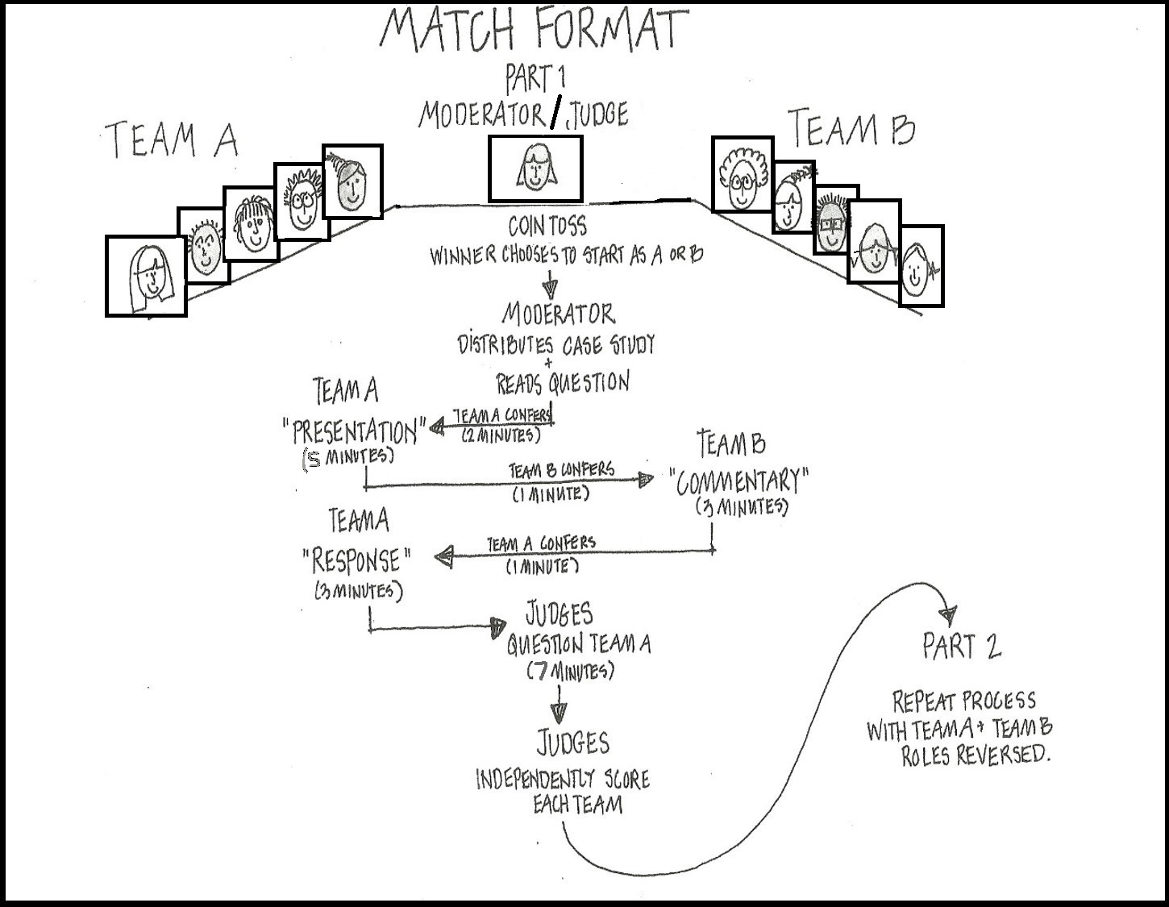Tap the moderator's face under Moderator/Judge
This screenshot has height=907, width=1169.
(535, 169)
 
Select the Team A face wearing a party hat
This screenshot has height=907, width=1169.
(352, 181)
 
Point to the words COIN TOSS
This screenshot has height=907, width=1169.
(547, 225)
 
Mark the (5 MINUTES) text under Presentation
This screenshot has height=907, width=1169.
(348, 456)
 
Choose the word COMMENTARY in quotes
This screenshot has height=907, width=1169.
(738, 481)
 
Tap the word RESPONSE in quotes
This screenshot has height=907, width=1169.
(356, 560)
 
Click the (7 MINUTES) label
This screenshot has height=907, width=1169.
(570, 670)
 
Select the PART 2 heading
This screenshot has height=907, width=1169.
(962, 647)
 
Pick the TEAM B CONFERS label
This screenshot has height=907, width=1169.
(561, 469)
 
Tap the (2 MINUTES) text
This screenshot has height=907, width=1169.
(500, 435)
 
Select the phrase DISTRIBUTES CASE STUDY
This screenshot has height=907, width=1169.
(556, 345)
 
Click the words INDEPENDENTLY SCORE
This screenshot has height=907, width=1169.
(562, 780)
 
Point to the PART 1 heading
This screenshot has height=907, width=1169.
(535, 79)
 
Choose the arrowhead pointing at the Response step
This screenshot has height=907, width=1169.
(443, 556)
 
